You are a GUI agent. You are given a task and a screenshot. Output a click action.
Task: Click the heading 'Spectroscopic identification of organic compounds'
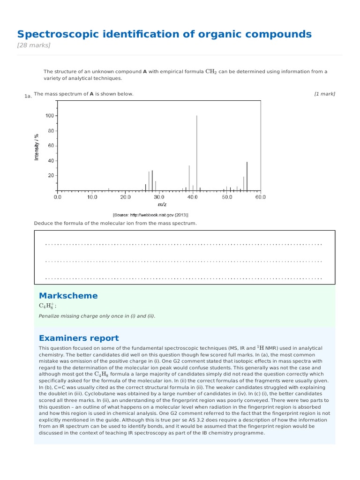pyautogui.click(x=164, y=34)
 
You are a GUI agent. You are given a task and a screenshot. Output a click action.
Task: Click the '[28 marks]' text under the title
pyautogui.click(x=34, y=45)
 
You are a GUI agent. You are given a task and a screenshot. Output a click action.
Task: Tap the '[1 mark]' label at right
pyautogui.click(x=324, y=94)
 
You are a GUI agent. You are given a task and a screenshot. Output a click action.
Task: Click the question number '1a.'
pyautogui.click(x=28, y=96)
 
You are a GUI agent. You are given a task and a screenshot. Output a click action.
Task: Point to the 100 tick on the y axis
pyautogui.click(x=50, y=116)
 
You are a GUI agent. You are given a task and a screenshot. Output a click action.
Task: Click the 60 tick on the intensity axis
pyautogui.click(x=51, y=146)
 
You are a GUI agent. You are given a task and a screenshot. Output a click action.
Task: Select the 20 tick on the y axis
pyautogui.click(x=51, y=176)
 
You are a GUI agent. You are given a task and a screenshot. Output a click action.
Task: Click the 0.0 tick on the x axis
pyautogui.click(x=58, y=197)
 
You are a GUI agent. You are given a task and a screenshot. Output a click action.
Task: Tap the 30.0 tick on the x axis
pyautogui.click(x=159, y=197)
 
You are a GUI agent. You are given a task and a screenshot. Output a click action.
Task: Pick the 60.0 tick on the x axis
pyautogui.click(x=260, y=197)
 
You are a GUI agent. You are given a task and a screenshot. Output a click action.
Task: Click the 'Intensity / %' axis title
pyautogui.click(x=37, y=147)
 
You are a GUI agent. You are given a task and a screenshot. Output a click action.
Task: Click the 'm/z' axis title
pyautogui.click(x=162, y=204)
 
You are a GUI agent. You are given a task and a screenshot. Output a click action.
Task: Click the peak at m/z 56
pyautogui.click(x=247, y=176)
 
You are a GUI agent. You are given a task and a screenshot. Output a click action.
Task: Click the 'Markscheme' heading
pyautogui.click(x=68, y=296)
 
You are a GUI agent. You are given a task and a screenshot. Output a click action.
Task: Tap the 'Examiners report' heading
pyautogui.click(x=79, y=338)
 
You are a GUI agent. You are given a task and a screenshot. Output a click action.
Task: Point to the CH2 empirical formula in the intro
pyautogui.click(x=211, y=72)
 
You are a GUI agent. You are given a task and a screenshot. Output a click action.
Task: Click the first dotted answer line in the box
pyautogui.click(x=184, y=244)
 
